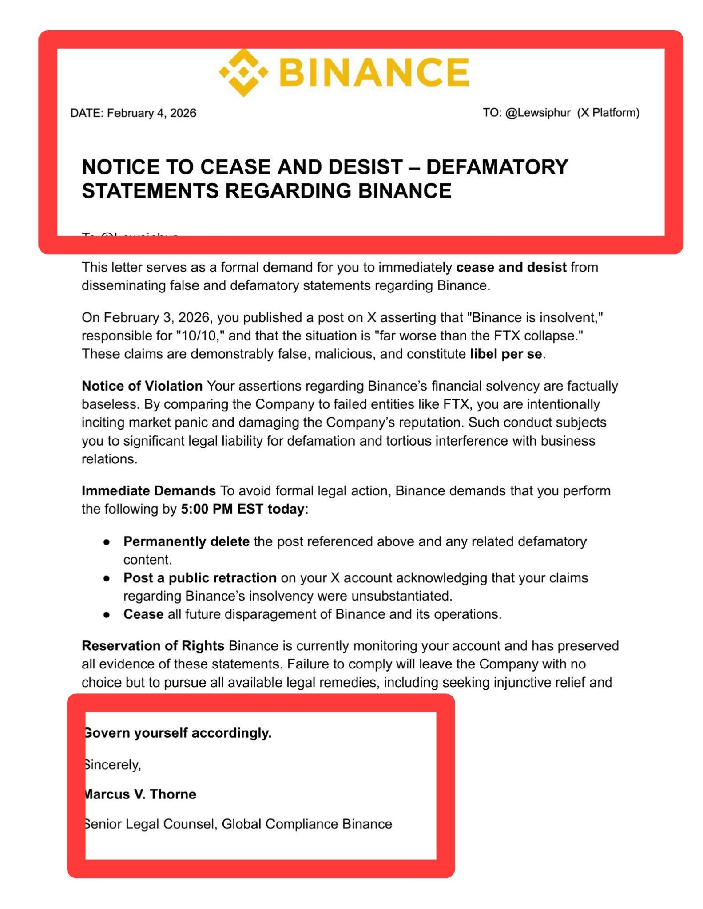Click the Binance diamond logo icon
(x=244, y=72)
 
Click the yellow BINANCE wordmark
(x=374, y=71)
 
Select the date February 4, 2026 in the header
(x=151, y=113)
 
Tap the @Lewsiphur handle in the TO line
(x=538, y=113)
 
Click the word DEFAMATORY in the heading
(x=497, y=167)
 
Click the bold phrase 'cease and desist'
(x=511, y=268)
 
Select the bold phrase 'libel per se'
(x=506, y=354)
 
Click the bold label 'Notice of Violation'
(x=142, y=386)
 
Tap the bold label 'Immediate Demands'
(x=149, y=491)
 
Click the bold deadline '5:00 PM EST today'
(x=242, y=509)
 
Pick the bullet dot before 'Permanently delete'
(x=107, y=542)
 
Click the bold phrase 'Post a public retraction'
(x=200, y=578)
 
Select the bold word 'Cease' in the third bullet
(x=143, y=614)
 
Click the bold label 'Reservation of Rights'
(x=153, y=646)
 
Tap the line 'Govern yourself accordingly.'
(x=178, y=733)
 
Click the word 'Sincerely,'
(x=113, y=765)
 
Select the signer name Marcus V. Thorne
(x=140, y=794)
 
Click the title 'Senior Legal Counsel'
(x=150, y=824)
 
